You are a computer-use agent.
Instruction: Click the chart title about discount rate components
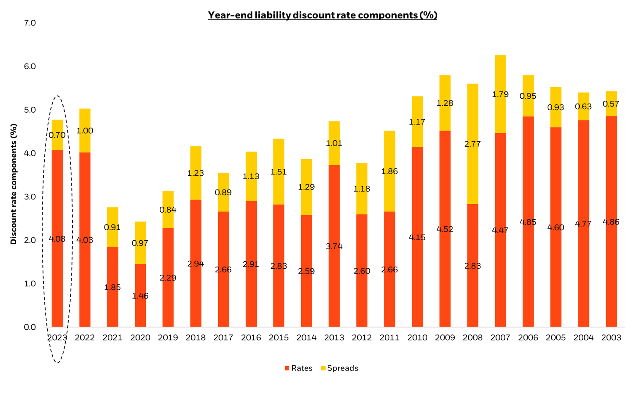(x=322, y=15)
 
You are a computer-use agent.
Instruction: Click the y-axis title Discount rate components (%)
(x=14, y=184)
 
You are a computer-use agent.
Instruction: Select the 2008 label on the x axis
(x=473, y=338)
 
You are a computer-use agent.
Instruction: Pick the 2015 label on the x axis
(x=279, y=338)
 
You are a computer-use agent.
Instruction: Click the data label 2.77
(x=473, y=144)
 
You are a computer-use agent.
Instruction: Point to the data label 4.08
(x=57, y=239)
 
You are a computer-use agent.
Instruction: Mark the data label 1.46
(x=140, y=296)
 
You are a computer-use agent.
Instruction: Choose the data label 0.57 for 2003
(x=611, y=104)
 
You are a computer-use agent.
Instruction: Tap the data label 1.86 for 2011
(x=389, y=171)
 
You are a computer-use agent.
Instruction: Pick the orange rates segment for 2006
(x=528, y=272)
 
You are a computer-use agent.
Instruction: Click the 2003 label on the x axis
(x=611, y=338)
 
